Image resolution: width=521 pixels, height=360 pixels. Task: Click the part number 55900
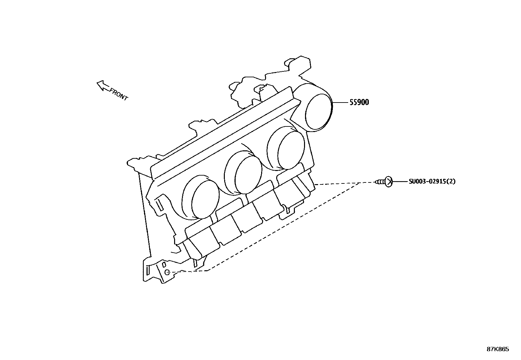(359, 102)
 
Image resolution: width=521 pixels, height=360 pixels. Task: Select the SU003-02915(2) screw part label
(432, 181)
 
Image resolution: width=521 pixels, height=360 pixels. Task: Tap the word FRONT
(118, 94)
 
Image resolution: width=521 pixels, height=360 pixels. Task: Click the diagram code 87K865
(498, 349)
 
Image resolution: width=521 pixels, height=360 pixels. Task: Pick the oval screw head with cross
(388, 181)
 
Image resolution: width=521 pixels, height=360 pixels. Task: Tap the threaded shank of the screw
(380, 181)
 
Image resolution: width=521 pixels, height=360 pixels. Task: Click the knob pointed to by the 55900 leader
(318, 111)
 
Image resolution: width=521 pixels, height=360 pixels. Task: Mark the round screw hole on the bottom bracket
(167, 272)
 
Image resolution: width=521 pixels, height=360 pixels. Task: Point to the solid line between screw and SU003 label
(400, 181)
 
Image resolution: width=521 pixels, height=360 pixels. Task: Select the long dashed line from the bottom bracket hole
(278, 229)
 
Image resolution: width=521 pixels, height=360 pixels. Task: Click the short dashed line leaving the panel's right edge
(337, 183)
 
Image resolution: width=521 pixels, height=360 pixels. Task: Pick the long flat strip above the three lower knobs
(226, 134)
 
